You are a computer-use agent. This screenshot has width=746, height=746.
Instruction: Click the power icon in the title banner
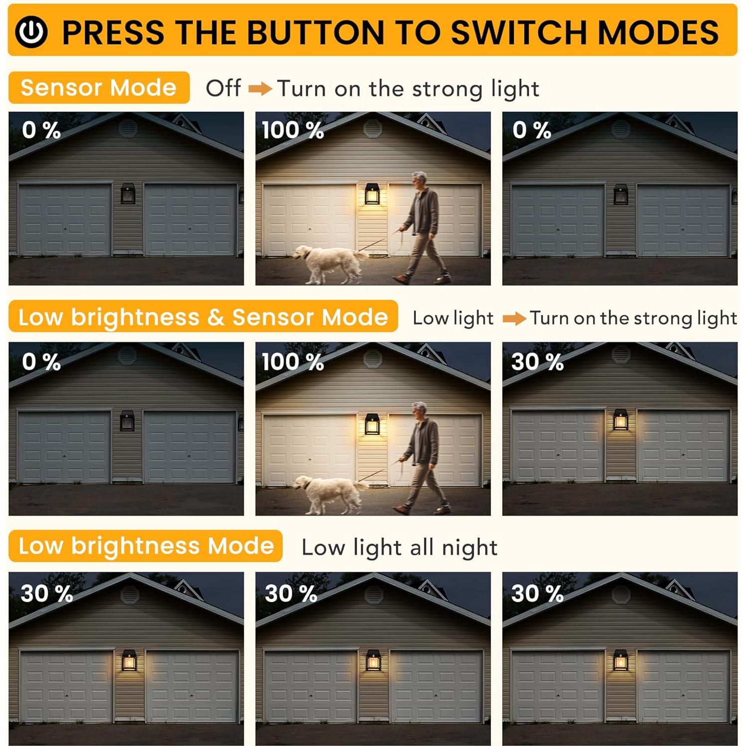31,31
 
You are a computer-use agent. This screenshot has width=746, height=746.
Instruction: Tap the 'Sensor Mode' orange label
99,88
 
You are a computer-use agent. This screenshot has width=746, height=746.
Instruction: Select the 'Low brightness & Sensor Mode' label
203,317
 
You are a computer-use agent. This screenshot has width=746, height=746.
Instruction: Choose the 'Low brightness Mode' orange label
146,546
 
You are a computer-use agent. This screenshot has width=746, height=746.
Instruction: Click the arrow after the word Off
260,89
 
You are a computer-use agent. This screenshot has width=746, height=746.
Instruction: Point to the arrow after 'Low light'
514,318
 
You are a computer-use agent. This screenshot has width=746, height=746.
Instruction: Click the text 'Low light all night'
399,548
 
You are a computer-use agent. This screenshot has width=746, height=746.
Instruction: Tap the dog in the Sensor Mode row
329,262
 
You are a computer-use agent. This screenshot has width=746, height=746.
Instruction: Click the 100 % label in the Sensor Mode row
293,131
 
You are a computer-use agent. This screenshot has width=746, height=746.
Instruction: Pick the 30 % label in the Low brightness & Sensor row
537,362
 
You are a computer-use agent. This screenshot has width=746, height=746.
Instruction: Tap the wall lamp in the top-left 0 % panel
128,193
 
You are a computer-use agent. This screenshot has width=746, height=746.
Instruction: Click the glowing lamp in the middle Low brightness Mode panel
373,660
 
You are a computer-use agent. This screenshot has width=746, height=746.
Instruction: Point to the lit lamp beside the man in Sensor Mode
372,193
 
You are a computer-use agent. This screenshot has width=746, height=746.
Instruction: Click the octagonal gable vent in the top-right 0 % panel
621,129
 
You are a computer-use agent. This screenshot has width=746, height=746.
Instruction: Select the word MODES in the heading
658,32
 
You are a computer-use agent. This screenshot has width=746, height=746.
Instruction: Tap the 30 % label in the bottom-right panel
537,593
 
